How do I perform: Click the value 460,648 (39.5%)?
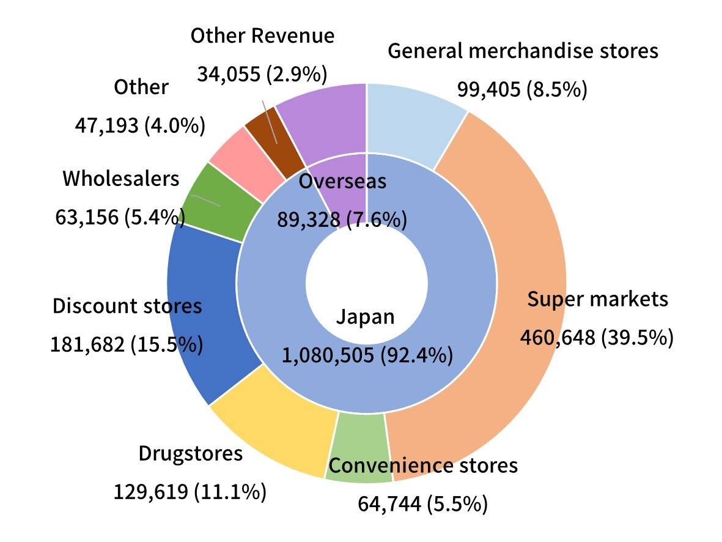click(x=596, y=337)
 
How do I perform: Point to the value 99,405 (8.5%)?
click(x=522, y=89)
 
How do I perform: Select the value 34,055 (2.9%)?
click(x=262, y=75)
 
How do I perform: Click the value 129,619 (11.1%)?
click(x=190, y=491)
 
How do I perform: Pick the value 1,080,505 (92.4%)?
click(x=367, y=354)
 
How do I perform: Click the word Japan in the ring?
click(x=365, y=317)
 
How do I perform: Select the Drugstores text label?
click(x=191, y=453)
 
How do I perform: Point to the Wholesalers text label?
click(x=121, y=179)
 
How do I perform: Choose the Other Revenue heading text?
click(x=262, y=35)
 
